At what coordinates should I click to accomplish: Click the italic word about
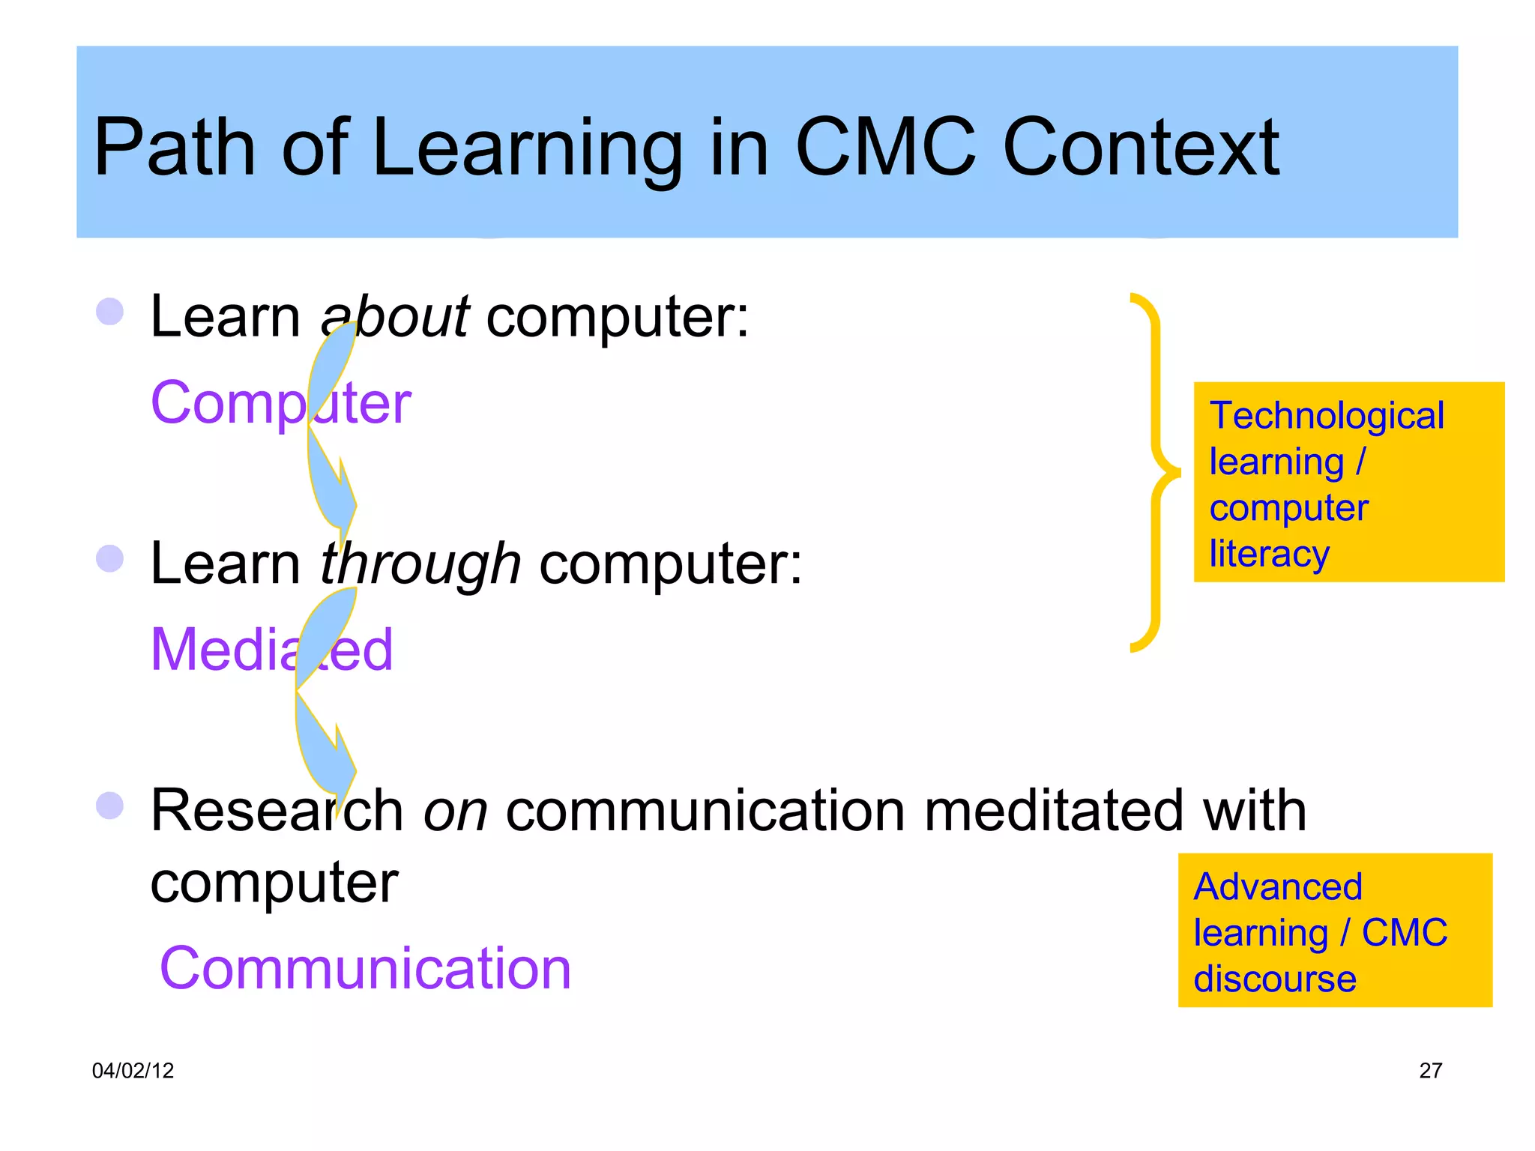tap(395, 315)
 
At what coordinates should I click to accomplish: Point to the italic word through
tap(420, 564)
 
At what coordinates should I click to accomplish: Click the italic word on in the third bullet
tap(455, 811)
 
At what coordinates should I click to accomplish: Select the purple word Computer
tap(281, 402)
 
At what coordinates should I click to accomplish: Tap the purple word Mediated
tap(271, 649)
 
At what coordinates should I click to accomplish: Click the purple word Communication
tap(366, 968)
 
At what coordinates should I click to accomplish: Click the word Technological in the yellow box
tap(1327, 416)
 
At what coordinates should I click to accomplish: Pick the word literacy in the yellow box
tap(1269, 554)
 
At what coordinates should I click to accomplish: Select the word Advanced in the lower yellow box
tap(1278, 887)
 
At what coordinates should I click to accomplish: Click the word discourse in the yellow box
tap(1274, 979)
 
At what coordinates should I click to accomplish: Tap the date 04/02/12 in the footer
tap(133, 1070)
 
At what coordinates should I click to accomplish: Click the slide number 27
tap(1430, 1070)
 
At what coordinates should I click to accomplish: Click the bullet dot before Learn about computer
tap(110, 312)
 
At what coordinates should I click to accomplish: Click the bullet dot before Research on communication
tap(110, 806)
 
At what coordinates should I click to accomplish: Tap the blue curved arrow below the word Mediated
tap(324, 742)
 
